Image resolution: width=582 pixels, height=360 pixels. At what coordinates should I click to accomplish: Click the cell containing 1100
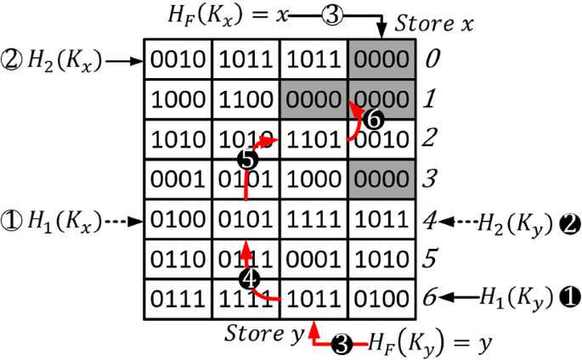click(246, 98)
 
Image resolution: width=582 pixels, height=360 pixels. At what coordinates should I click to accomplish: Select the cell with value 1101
click(314, 138)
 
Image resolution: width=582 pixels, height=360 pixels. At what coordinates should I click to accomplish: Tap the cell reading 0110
click(178, 259)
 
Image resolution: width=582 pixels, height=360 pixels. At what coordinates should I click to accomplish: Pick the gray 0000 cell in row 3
click(382, 179)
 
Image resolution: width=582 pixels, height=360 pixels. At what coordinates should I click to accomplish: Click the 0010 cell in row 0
click(178, 59)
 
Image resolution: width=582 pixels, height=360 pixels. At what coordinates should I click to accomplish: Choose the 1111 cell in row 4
click(314, 219)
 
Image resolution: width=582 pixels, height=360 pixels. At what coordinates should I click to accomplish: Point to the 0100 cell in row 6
click(382, 299)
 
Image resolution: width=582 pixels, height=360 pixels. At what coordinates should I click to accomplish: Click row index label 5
click(432, 259)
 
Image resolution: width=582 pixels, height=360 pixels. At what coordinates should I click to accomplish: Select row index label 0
click(432, 59)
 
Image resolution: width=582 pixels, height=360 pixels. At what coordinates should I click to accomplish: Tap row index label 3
click(432, 179)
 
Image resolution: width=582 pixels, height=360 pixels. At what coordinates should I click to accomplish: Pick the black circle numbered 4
click(248, 279)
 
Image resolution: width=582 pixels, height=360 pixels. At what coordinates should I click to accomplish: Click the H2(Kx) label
click(64, 60)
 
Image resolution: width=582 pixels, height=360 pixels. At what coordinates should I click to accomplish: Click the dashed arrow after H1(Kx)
click(121, 220)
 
